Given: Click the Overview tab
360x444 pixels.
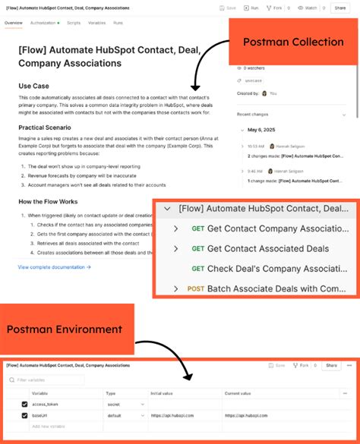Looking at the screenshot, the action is (13, 23).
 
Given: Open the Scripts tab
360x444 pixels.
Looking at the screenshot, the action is (74, 23).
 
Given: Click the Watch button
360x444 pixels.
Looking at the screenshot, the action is (306, 8).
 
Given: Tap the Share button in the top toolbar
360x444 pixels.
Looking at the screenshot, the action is (339, 8).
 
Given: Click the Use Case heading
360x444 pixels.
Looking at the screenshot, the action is (35, 86).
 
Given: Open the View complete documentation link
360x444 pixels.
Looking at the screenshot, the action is (54, 267).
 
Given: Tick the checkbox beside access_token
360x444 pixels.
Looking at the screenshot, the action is (24, 405).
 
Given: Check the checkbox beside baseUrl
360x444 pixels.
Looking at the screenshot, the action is (24, 416).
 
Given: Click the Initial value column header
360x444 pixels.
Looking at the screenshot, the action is (163, 393).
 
